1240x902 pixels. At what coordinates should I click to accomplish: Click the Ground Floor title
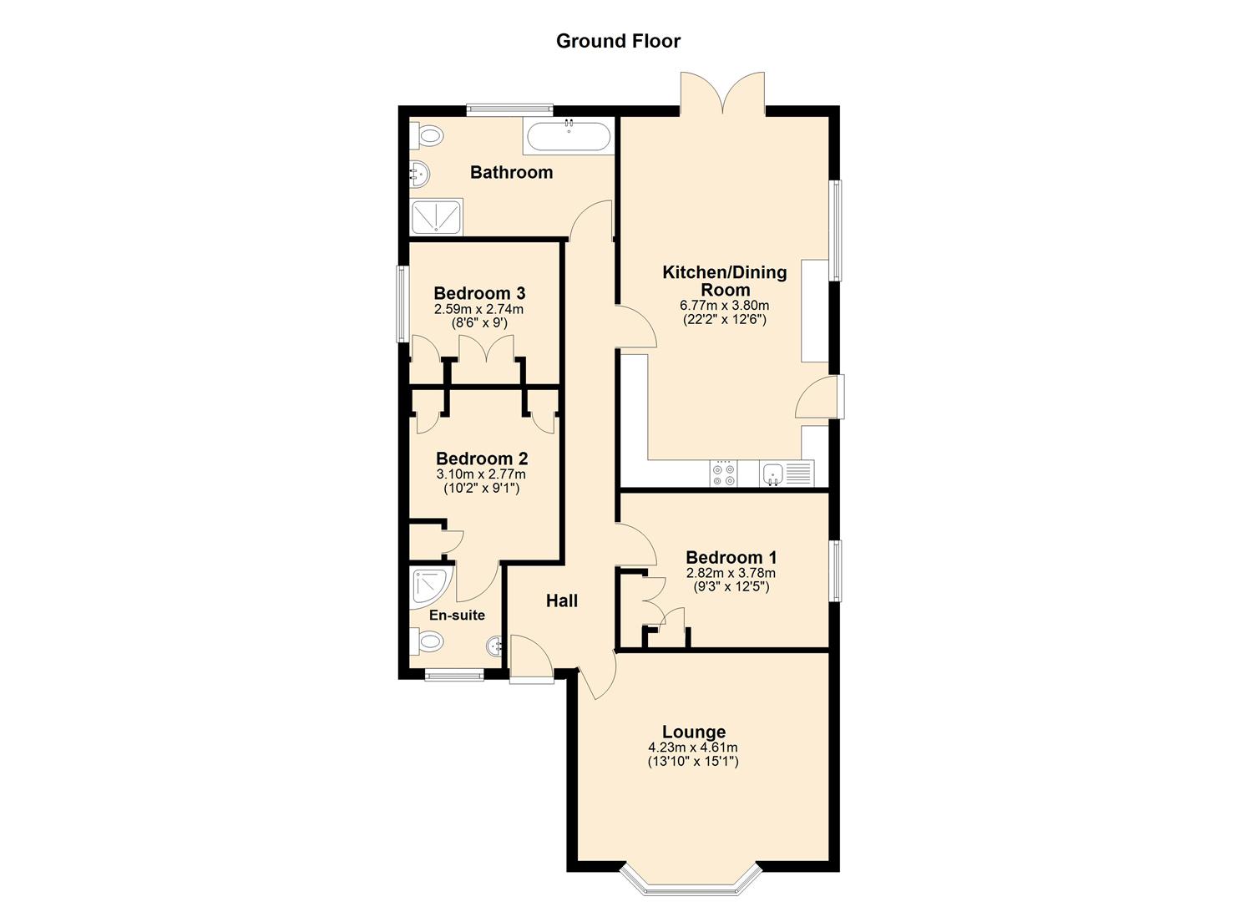(x=618, y=41)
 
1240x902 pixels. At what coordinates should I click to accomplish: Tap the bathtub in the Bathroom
(x=569, y=136)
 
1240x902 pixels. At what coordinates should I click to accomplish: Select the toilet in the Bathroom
(x=427, y=134)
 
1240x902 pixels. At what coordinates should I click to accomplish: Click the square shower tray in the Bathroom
(x=438, y=217)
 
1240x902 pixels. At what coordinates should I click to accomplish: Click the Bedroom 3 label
(x=479, y=293)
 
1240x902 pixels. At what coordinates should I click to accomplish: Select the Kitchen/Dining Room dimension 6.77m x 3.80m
(x=724, y=306)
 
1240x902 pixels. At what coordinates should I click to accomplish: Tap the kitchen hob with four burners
(x=723, y=474)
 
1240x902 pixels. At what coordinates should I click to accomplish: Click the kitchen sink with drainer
(x=786, y=474)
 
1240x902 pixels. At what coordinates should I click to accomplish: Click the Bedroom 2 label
(x=482, y=459)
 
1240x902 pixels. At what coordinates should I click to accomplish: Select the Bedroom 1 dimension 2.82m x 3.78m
(x=731, y=573)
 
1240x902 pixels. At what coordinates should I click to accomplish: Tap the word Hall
(x=561, y=600)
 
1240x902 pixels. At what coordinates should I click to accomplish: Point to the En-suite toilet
(x=428, y=642)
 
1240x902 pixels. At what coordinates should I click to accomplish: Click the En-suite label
(x=457, y=616)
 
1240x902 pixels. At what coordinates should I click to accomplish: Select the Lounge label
(x=693, y=732)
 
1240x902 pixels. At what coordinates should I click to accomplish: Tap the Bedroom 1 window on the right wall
(x=836, y=570)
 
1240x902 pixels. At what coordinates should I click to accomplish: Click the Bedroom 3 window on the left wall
(x=401, y=303)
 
